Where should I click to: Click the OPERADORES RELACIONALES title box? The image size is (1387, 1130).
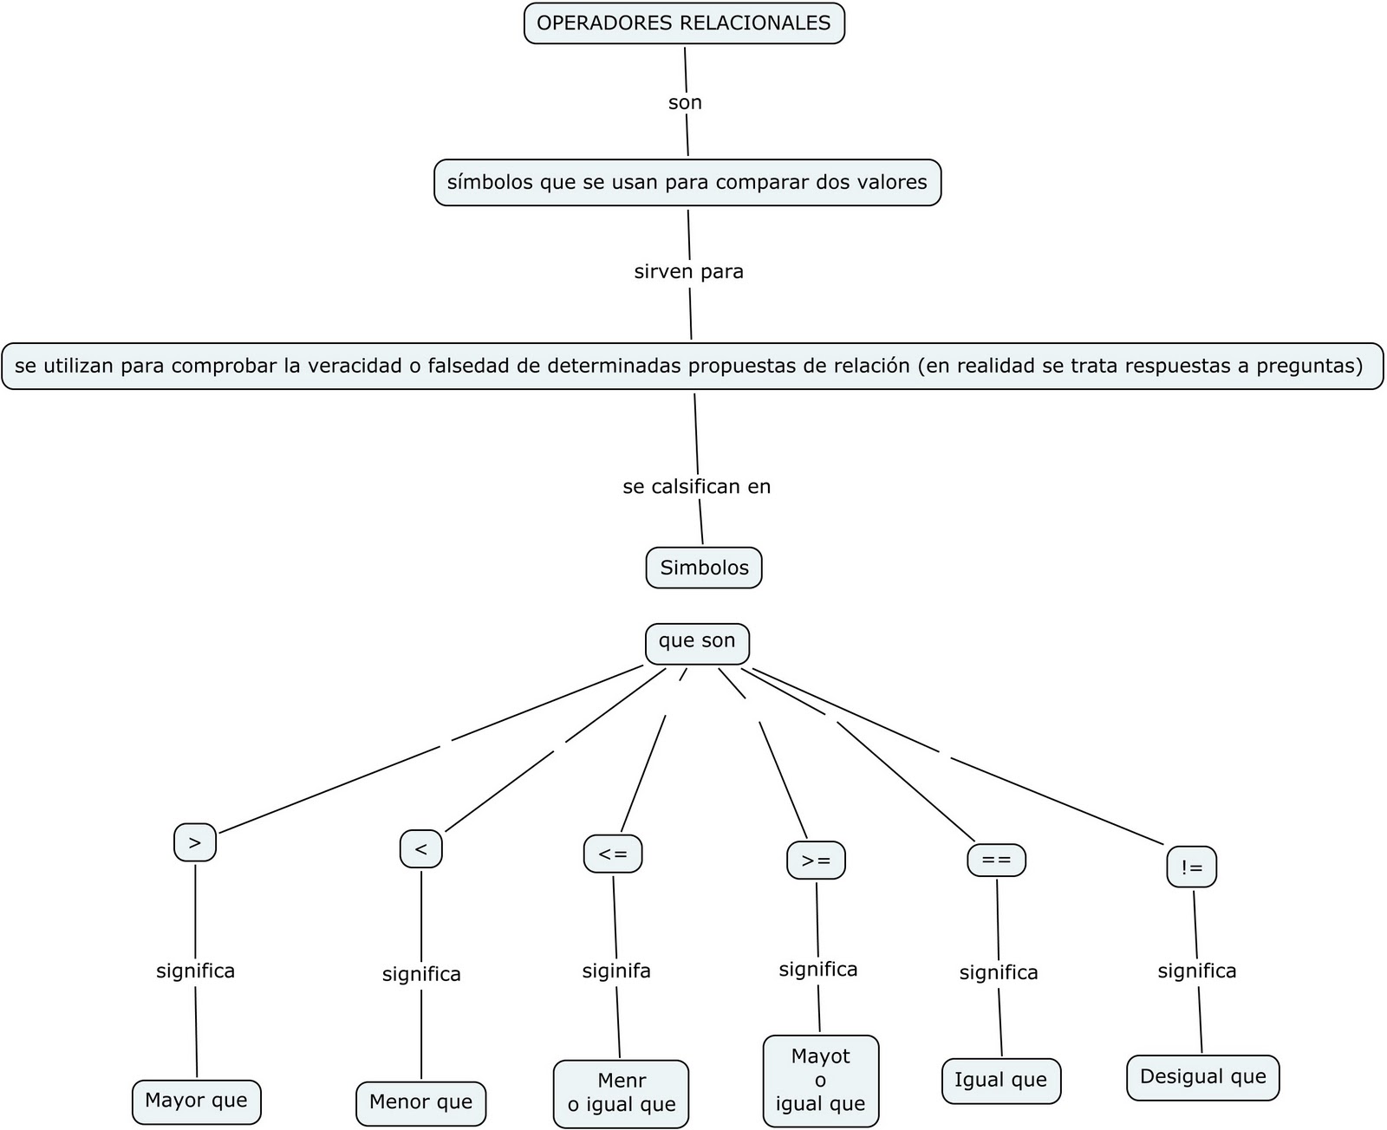[x=684, y=23]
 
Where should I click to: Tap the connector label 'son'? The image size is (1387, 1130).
[x=685, y=102]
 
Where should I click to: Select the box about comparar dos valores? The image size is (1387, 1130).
[x=687, y=182]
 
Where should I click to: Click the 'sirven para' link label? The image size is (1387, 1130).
[x=689, y=271]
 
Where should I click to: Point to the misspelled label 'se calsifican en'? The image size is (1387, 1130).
[x=696, y=486]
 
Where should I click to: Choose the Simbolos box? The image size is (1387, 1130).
[x=704, y=568]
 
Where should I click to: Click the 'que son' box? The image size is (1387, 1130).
[x=697, y=642]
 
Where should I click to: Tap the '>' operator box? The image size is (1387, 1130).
[x=195, y=842]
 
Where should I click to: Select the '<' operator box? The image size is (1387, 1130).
[x=421, y=849]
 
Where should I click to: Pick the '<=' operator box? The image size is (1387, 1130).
[x=613, y=854]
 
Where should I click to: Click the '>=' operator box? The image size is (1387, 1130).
[x=816, y=860]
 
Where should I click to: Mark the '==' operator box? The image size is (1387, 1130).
[x=997, y=860]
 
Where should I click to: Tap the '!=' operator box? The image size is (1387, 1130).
[x=1192, y=867]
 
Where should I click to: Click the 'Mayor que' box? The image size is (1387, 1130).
[x=196, y=1101]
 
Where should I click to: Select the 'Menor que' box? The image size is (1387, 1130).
[x=421, y=1102]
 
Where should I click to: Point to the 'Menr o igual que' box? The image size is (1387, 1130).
[x=621, y=1093]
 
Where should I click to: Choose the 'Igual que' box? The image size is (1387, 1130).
[x=1001, y=1080]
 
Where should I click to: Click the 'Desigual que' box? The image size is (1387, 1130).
[x=1203, y=1077]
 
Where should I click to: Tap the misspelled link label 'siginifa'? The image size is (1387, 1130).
[x=616, y=971]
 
